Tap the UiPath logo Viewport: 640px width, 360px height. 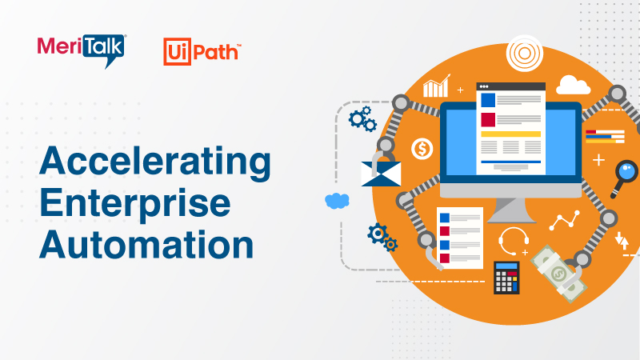tap(202, 51)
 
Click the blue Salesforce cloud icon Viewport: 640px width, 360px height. tap(338, 201)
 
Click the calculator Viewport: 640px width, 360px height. tap(506, 277)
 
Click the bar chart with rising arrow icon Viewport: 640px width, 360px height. tap(437, 86)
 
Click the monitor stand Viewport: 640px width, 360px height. tap(511, 210)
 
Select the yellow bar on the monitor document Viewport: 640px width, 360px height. tap(510, 134)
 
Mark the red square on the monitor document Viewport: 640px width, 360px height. tap(487, 119)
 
